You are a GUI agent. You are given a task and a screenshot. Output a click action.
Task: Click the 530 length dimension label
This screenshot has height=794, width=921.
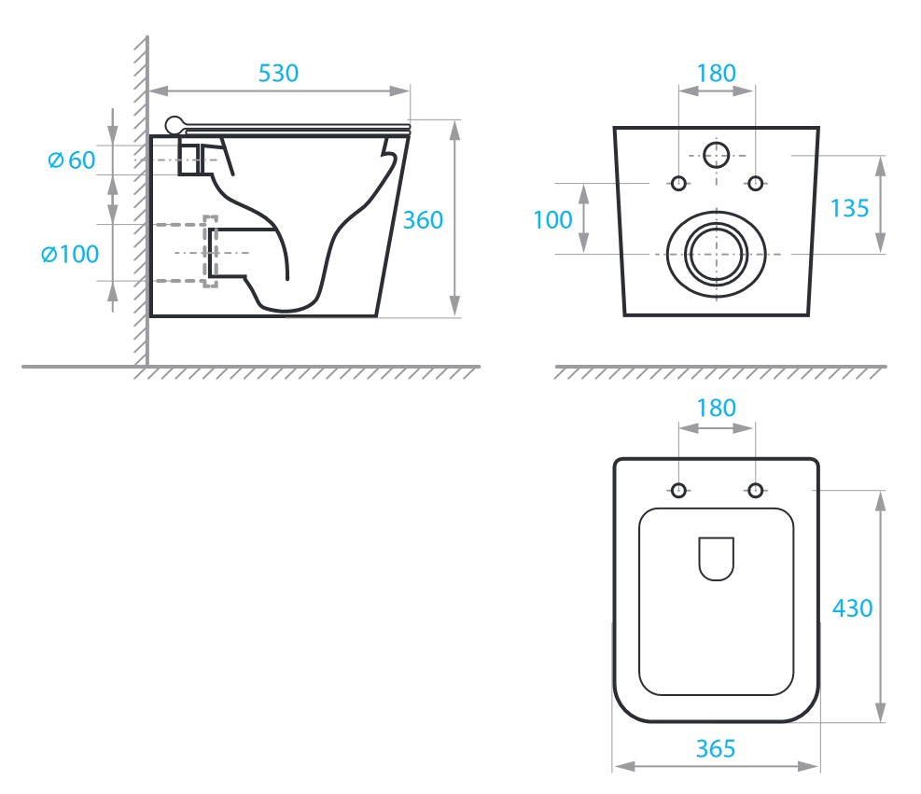(278, 74)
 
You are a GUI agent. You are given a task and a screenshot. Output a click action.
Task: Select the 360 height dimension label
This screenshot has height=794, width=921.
(423, 220)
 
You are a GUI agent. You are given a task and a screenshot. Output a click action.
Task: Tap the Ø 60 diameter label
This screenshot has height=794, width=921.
(71, 160)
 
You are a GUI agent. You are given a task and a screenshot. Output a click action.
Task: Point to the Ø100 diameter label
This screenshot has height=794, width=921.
(70, 255)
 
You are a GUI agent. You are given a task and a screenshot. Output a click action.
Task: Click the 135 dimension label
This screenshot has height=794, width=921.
(849, 208)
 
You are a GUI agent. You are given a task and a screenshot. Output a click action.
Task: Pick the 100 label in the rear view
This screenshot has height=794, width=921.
(552, 220)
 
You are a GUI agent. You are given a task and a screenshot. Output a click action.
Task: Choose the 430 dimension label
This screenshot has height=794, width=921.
(852, 608)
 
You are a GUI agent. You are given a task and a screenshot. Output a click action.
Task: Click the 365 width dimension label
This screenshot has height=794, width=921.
(716, 749)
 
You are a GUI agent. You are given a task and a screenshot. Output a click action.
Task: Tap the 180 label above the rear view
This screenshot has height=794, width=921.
(716, 74)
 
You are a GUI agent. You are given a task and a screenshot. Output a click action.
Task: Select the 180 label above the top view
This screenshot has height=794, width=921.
(716, 408)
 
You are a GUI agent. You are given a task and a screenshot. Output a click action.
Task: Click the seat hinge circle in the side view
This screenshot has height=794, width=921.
(174, 125)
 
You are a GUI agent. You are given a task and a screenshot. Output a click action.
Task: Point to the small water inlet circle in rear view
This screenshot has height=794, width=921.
(716, 155)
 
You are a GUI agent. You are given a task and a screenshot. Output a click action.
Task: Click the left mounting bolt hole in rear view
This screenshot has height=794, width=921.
(678, 183)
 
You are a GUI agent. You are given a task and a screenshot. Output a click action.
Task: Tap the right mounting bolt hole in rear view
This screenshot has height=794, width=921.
(755, 183)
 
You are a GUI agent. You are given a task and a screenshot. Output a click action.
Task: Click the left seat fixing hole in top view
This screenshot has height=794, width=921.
(678, 490)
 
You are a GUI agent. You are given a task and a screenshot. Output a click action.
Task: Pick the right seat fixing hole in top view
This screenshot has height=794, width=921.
(755, 490)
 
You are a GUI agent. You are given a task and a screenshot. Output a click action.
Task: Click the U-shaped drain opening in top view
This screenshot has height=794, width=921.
(716, 559)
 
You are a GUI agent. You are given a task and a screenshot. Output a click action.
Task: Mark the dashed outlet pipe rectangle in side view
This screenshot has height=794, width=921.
(211, 252)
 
